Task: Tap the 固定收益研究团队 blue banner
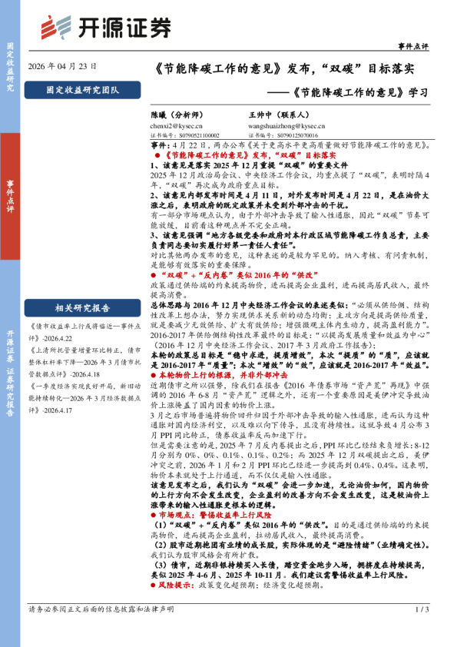pyautogui.click(x=82, y=90)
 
